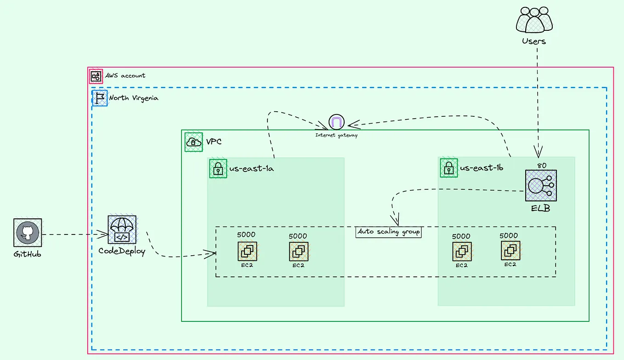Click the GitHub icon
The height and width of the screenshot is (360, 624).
click(x=28, y=233)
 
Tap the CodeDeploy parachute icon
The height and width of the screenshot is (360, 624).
click(x=122, y=229)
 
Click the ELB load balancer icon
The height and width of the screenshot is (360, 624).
click(x=541, y=185)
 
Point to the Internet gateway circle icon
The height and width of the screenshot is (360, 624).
click(x=336, y=123)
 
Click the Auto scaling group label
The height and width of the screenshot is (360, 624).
click(x=389, y=232)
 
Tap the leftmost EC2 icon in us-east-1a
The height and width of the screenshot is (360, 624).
click(x=247, y=251)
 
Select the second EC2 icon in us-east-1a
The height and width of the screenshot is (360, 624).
click(x=299, y=251)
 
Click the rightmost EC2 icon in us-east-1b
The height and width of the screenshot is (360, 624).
click(x=511, y=251)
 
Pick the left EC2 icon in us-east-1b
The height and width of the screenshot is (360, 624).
click(x=462, y=251)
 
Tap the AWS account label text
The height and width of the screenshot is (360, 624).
click(x=125, y=75)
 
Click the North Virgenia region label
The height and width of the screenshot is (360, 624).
click(x=134, y=98)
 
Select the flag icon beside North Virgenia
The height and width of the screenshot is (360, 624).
click(x=100, y=98)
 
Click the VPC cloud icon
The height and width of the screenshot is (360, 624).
click(x=193, y=142)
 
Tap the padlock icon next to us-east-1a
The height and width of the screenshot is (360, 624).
click(x=218, y=168)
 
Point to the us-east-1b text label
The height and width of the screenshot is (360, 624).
click(x=482, y=168)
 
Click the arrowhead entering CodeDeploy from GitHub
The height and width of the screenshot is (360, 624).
click(x=104, y=234)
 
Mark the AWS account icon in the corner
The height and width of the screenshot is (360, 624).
click(x=96, y=76)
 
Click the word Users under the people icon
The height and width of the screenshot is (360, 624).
click(x=534, y=41)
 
